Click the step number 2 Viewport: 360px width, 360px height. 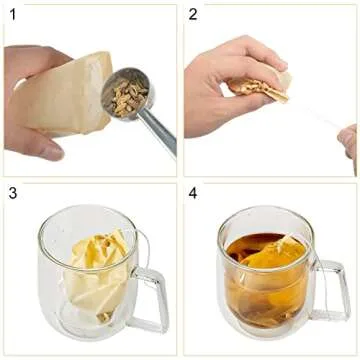pos(193,14)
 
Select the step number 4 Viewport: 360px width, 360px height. pos(193,193)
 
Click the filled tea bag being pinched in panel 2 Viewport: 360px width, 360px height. pos(258,90)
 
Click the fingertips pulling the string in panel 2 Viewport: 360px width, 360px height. pos(347,140)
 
